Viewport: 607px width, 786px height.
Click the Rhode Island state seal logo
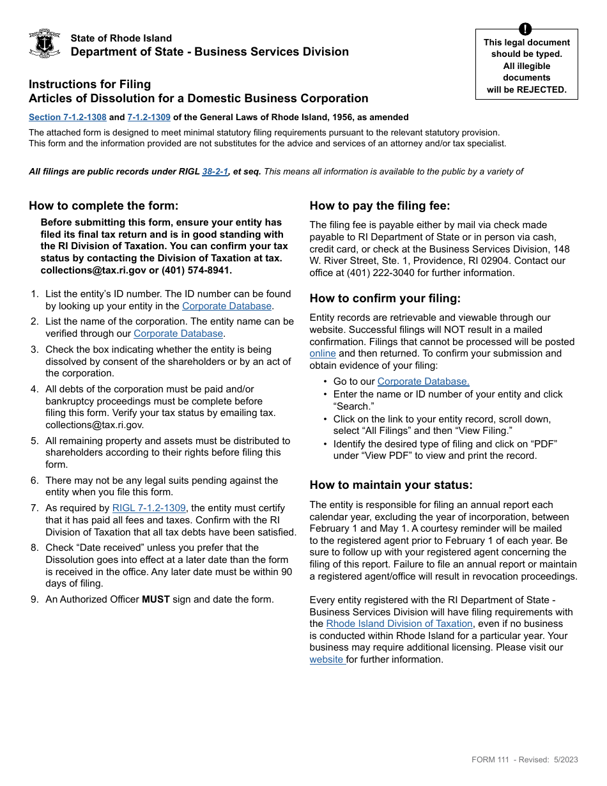[45, 43]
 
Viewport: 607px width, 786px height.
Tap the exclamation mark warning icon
[525, 29]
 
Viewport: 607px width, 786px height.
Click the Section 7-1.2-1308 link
[68, 118]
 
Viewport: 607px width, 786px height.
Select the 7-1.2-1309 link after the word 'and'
[149, 118]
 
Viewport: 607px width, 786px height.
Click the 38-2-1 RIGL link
[215, 171]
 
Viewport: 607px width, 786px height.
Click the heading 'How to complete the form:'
[104, 206]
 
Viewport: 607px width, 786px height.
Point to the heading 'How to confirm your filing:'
[385, 298]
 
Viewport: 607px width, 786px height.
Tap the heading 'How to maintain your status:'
[391, 485]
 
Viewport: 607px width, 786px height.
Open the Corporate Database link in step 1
[227, 306]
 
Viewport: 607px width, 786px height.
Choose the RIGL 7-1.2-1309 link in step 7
[149, 509]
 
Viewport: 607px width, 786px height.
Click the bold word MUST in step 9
[155, 599]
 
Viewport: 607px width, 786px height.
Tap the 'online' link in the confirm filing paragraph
[323, 353]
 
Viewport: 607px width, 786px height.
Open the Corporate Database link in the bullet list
[423, 381]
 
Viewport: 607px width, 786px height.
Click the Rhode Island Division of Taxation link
[399, 624]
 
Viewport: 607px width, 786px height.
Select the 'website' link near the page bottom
[327, 659]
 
